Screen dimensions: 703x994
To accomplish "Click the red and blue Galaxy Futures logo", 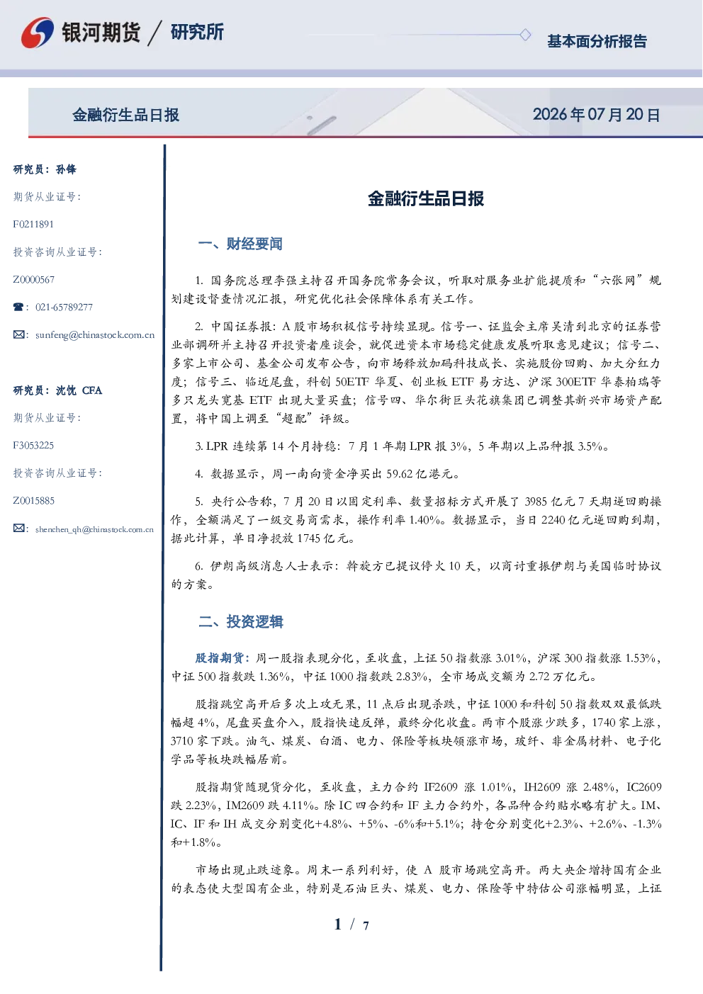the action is click(x=38, y=32).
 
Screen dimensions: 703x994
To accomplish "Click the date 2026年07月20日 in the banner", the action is click(x=597, y=115).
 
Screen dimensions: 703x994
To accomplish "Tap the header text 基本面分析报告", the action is click(x=597, y=41).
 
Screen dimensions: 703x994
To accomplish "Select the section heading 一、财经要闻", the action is click(x=240, y=244).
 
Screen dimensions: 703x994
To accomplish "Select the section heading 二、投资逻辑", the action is click(x=240, y=622).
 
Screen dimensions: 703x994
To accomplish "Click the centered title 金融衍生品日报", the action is click(x=426, y=198).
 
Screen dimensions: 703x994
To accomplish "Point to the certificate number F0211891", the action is click(x=33, y=224).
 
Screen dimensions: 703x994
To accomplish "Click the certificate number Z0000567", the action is click(x=34, y=280).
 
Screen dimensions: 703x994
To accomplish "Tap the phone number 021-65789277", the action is click(x=64, y=307).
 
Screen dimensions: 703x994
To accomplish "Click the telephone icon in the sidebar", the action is click(x=18, y=307).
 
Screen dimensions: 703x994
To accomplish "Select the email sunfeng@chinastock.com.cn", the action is click(x=95, y=335).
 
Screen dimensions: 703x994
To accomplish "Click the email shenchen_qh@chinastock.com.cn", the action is click(x=94, y=529).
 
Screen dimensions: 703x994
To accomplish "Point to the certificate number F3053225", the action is click(x=33, y=446).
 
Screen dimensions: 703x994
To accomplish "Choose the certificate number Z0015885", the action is click(x=34, y=501).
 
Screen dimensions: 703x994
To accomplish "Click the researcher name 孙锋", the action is click(x=66, y=169).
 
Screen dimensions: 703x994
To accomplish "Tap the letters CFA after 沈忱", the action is click(x=92, y=390).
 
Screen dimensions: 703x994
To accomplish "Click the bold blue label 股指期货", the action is click(x=220, y=657).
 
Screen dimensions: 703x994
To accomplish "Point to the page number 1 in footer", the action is click(x=338, y=925).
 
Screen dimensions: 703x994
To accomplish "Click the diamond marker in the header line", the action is click(x=525, y=35).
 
